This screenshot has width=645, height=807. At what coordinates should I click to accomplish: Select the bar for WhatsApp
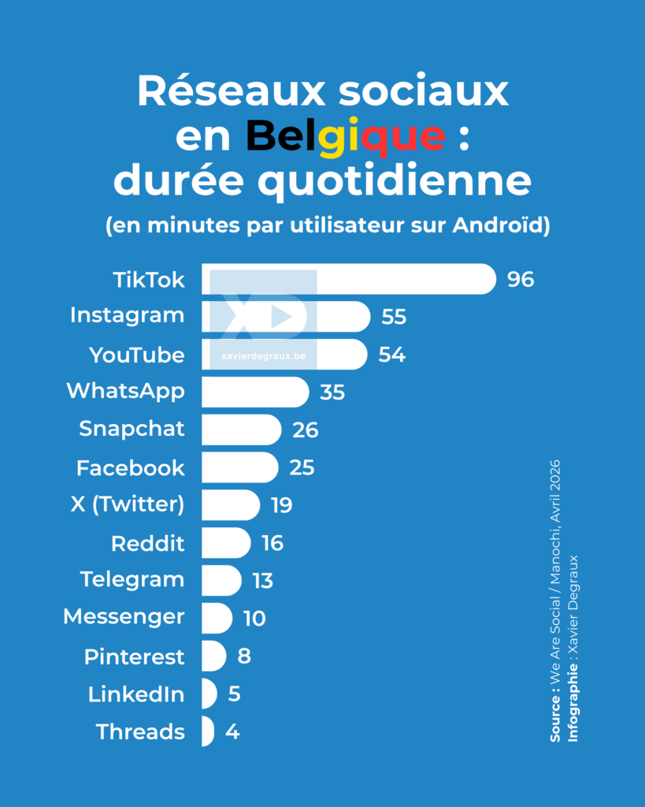click(x=254, y=392)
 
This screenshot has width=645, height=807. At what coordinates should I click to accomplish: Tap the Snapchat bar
click(x=240, y=430)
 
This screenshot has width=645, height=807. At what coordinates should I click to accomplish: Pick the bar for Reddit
click(x=225, y=543)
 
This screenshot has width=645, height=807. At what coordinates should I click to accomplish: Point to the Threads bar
click(x=207, y=731)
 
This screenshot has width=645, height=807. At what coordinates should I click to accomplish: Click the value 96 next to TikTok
click(x=521, y=280)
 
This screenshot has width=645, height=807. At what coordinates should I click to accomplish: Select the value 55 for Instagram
click(x=394, y=317)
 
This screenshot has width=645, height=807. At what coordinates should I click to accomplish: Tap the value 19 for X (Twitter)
click(x=281, y=505)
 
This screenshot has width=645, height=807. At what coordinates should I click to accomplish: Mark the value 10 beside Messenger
click(x=254, y=619)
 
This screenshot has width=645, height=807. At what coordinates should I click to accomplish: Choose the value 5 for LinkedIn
click(x=234, y=694)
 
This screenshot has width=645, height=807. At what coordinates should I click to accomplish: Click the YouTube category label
click(x=137, y=355)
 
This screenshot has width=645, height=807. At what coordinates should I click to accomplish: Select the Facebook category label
click(x=130, y=468)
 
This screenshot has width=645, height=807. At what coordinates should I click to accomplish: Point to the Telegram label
click(x=132, y=580)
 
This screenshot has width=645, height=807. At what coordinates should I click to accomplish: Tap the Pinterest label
click(x=134, y=656)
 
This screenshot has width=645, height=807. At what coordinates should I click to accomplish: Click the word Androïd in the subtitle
click(x=501, y=225)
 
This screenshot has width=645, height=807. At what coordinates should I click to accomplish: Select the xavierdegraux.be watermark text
click(x=264, y=356)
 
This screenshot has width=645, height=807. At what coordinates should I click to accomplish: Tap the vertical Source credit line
click(x=555, y=599)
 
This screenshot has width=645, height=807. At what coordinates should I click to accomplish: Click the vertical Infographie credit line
click(x=573, y=648)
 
